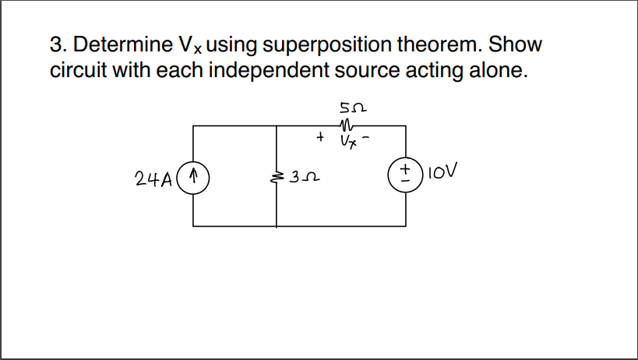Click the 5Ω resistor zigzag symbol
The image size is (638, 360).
[347, 122]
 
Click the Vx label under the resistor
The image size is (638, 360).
[348, 141]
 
